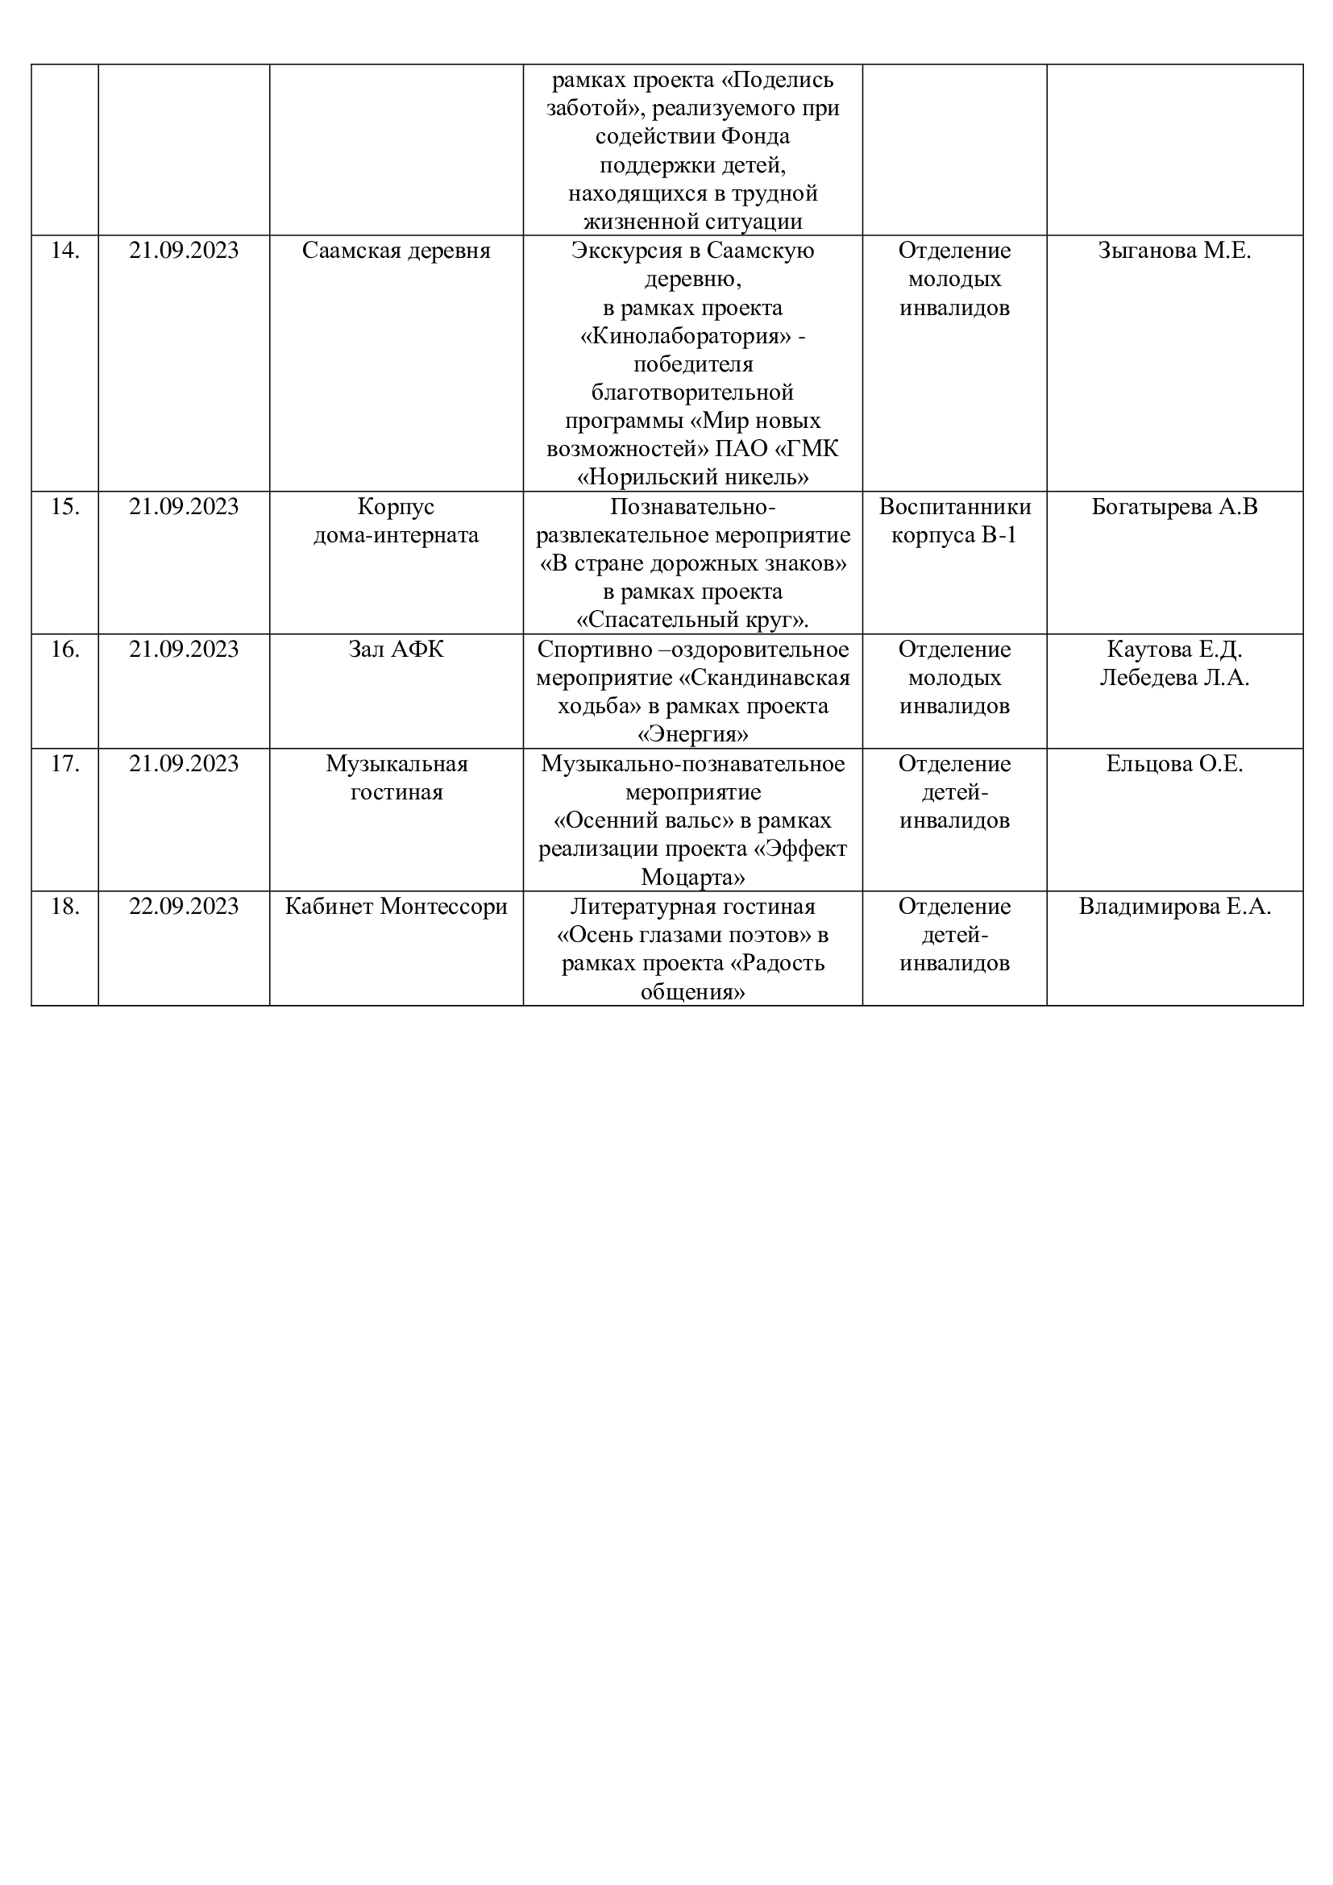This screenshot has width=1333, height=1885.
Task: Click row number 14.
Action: point(64,251)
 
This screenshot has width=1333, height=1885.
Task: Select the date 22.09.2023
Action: point(183,907)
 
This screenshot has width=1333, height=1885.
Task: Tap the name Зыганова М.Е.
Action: point(1173,251)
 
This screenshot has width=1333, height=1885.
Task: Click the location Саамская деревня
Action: point(396,251)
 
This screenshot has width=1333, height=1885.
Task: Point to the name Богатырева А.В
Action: point(1173,507)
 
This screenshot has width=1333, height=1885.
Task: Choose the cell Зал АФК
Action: point(396,650)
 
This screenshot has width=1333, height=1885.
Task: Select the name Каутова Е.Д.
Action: point(1173,650)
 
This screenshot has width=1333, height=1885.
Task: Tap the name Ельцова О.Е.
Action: point(1173,763)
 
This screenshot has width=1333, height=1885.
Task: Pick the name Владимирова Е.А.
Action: point(1173,907)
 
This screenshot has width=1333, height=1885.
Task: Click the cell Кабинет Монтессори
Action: point(396,907)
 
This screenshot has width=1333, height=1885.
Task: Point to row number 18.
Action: point(64,907)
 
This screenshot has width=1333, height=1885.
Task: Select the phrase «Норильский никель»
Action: point(693,477)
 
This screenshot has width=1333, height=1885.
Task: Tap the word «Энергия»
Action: point(693,734)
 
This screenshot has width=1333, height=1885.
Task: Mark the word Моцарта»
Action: point(693,878)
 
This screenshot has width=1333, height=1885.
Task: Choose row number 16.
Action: point(64,650)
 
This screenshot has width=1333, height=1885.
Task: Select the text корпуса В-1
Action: point(953,535)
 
